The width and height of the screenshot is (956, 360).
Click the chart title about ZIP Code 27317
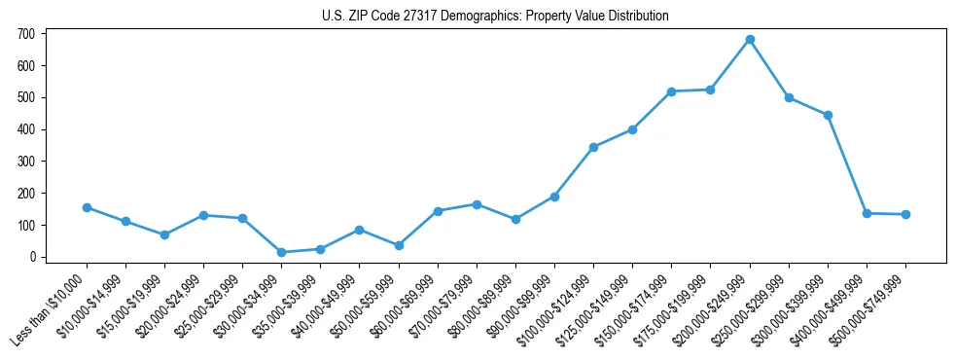(x=495, y=16)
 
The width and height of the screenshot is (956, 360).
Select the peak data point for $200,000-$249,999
(x=750, y=40)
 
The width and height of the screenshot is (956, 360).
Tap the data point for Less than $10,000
(x=87, y=207)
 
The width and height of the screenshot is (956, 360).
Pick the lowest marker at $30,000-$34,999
(x=281, y=252)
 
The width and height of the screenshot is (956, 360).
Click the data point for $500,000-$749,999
(x=905, y=214)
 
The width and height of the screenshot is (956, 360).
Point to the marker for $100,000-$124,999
(x=593, y=147)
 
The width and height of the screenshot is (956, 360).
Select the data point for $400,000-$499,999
(x=867, y=213)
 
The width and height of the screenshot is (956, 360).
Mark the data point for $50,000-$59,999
(x=399, y=245)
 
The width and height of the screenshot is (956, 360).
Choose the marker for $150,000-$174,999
(x=671, y=91)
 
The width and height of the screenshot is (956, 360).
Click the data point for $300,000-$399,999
(x=828, y=115)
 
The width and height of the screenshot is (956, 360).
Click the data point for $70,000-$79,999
(x=477, y=204)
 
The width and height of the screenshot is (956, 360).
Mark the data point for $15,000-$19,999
(x=164, y=234)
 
